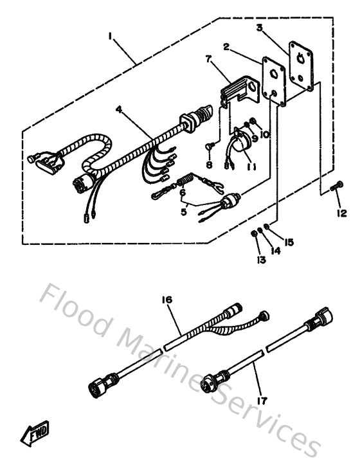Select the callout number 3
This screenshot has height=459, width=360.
[x=260, y=28]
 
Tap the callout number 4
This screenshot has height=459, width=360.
[x=118, y=110]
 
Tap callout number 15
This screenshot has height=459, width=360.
[x=289, y=242]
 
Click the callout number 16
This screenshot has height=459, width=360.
[x=169, y=300]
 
